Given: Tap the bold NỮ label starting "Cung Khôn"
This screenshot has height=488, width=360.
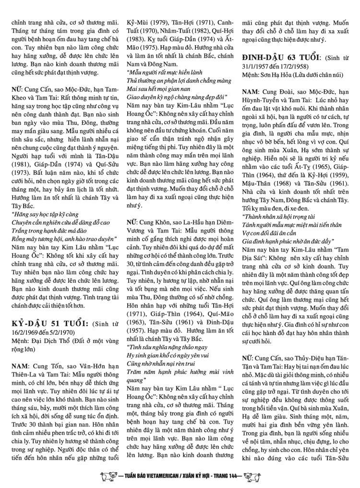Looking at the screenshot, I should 132,209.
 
